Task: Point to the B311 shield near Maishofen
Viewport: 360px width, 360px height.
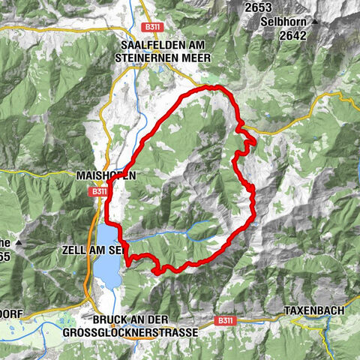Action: tap(100, 191)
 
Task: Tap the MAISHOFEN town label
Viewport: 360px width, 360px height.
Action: tap(106, 175)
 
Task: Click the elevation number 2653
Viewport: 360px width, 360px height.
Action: tap(257, 7)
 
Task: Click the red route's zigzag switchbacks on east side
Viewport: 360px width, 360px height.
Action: tap(244, 142)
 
